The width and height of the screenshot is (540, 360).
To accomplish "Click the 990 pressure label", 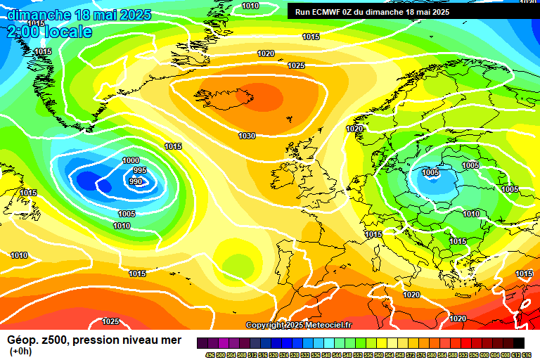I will pos(136,181).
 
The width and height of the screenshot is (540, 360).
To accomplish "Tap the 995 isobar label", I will pos(139,170).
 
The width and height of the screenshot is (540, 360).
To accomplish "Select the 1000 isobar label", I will pos(131,160).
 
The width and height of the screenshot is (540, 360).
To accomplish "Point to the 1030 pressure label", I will pos(247,136).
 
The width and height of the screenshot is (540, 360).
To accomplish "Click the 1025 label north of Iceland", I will pos(296,65).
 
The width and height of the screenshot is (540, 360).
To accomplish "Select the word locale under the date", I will pos(65,32).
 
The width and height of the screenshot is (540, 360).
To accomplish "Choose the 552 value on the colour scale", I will pos(359,354).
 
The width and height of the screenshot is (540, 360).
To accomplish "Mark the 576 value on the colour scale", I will pos(423,354).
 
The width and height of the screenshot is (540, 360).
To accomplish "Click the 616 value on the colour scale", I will pos(527,354).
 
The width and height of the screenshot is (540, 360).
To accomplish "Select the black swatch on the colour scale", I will pos(518,343).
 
